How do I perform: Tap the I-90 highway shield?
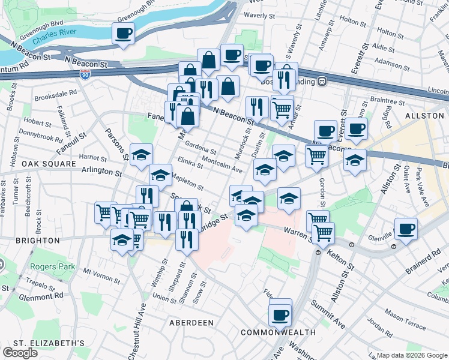(85, 74)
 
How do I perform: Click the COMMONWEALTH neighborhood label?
(278, 332)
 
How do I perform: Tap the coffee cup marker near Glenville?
(406, 229)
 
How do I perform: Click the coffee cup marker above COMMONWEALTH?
(280, 314)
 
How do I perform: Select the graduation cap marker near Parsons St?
(141, 155)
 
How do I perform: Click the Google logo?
(20, 353)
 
